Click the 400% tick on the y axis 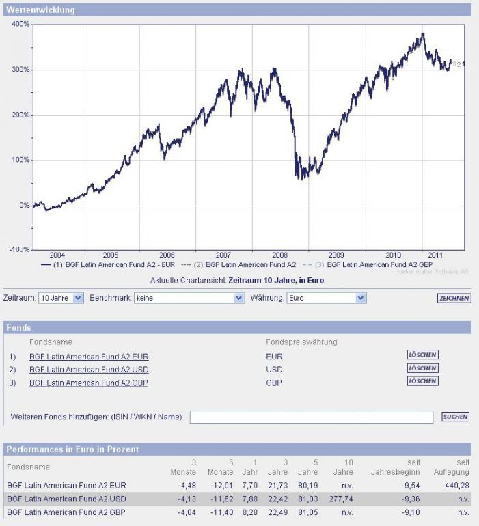point(20,24)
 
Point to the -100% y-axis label point(18,249)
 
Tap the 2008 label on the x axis point(280,255)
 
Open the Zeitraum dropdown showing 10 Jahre point(61,298)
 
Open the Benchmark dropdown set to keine point(189,298)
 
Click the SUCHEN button point(455,417)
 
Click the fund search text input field point(311,417)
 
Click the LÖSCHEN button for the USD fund point(422,368)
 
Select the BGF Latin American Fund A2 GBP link point(89,383)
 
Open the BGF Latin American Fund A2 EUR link point(89,357)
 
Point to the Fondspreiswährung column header point(301,342)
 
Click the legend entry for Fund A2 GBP point(379,264)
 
